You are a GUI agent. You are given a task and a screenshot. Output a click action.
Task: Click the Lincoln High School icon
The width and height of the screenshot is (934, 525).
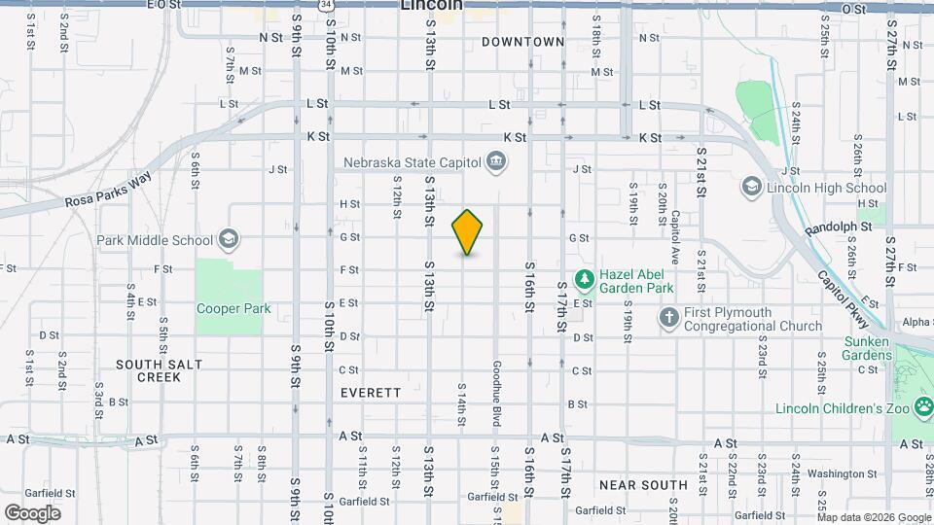751,187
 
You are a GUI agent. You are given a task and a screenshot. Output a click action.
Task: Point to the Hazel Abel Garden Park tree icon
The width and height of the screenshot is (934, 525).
584,281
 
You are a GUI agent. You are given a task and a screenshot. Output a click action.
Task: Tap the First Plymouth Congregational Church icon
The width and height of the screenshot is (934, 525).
668,318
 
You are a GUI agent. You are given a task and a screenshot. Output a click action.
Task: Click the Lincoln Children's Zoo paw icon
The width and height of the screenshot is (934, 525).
920,408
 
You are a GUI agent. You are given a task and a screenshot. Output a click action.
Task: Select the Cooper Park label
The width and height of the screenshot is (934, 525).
233,309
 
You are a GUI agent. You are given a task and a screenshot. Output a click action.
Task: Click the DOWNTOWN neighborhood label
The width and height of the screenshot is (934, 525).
522,42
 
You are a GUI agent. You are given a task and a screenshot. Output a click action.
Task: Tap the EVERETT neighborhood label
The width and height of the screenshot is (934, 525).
371,393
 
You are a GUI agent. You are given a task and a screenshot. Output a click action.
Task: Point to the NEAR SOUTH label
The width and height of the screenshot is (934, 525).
643,484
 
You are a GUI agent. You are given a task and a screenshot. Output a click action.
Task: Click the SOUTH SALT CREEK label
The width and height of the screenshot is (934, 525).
160,370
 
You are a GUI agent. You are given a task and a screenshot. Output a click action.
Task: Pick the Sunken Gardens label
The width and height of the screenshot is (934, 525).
868,349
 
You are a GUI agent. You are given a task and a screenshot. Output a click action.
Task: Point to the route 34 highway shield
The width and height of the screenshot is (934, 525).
330,5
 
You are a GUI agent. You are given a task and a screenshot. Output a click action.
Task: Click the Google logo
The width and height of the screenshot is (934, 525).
32,512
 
